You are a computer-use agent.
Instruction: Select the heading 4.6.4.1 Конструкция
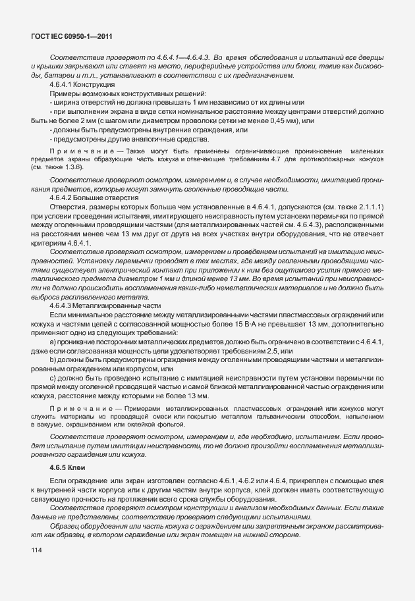pos(81,86)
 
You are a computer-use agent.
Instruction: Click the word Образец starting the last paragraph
pos(64,525)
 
